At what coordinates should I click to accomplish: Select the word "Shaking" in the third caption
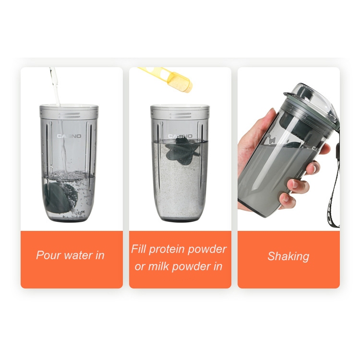tap(288, 256)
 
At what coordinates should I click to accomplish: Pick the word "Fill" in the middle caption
tap(138, 249)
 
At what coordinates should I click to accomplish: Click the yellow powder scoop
tap(168, 79)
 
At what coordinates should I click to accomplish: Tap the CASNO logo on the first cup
tap(69, 136)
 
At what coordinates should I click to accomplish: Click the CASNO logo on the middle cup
tap(180, 136)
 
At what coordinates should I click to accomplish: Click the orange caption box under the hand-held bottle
tap(288, 260)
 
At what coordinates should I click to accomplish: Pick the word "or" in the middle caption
tap(140, 267)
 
